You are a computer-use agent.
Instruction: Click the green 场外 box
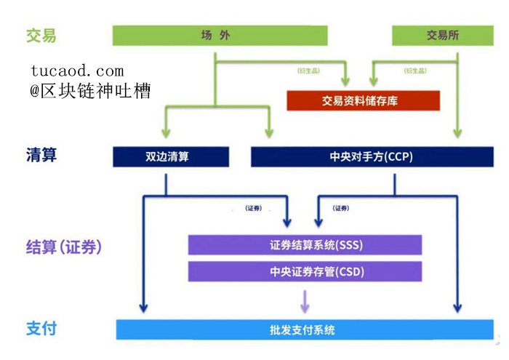pos(220,35)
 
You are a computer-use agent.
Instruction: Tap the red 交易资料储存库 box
pos(364,100)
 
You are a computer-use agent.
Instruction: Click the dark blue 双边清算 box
pos(171,156)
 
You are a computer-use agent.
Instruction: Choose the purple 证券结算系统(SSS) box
pos(305,244)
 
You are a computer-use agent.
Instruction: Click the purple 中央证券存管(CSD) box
pos(305,272)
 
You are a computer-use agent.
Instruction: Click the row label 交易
pos(41,36)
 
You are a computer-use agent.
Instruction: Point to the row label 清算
pos(41,156)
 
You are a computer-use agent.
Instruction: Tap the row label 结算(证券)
pos(64,247)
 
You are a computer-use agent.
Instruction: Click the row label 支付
pos(41,329)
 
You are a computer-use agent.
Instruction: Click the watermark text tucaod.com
pos(77,71)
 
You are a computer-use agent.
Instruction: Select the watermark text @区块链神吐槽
pos(90,91)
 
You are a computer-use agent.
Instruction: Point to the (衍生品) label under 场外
pos(308,71)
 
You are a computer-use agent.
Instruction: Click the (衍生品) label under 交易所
pos(414,71)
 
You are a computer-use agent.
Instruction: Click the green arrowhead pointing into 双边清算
pos(166,132)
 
